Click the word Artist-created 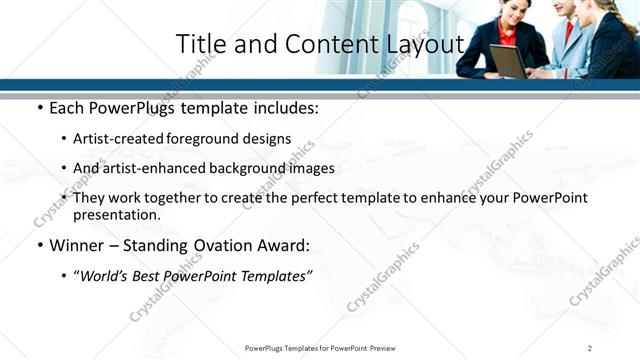(x=119, y=138)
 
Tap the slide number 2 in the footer (x=590, y=347)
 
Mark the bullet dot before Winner (x=39, y=246)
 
